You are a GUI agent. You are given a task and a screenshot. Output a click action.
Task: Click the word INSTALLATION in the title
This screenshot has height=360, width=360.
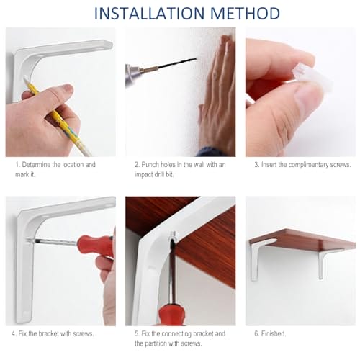149,14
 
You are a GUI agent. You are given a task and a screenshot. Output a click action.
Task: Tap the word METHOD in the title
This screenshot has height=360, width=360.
245,14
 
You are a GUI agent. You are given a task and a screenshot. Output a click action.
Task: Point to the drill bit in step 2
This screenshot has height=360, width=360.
176,63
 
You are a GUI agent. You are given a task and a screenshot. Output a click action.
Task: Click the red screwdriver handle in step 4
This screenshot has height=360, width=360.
96,246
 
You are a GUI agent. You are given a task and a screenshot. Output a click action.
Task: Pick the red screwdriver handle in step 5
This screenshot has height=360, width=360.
171,314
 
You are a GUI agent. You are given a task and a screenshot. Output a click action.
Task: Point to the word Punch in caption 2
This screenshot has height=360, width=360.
150,165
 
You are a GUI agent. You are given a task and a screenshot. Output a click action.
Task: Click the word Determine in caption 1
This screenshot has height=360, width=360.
36,165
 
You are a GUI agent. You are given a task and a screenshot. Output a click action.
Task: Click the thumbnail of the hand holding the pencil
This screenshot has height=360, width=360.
67,89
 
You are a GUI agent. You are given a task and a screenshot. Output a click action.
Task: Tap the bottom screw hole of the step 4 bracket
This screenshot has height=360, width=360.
24,313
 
